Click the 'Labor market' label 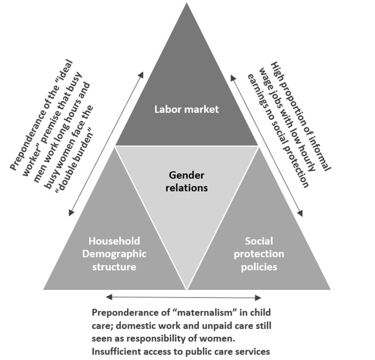[x=186, y=110]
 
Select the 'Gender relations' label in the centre [x=186, y=181]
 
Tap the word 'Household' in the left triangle [x=114, y=241]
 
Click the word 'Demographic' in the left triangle [x=114, y=254]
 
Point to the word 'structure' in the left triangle [x=114, y=267]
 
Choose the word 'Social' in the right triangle [x=259, y=241]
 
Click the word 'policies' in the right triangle [x=259, y=267]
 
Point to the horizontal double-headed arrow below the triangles [x=184, y=298]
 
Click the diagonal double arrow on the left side [x=106, y=144]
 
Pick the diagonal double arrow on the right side [x=267, y=145]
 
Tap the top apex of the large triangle [x=186, y=4]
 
